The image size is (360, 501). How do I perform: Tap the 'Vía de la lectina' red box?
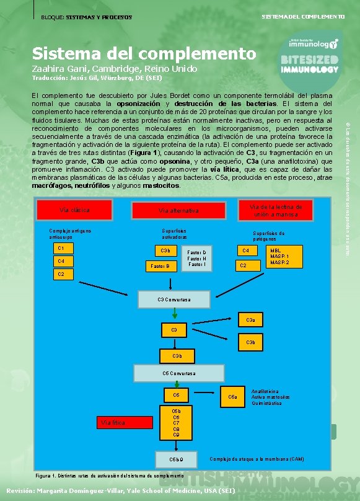(x=274, y=210)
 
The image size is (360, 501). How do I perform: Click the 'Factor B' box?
(x=160, y=266)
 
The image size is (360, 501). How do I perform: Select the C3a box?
(x=250, y=320)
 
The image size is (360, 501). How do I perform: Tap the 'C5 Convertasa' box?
(x=178, y=373)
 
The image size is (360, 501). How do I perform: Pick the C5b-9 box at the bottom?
(x=177, y=459)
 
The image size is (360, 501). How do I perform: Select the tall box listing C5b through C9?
(x=177, y=422)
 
